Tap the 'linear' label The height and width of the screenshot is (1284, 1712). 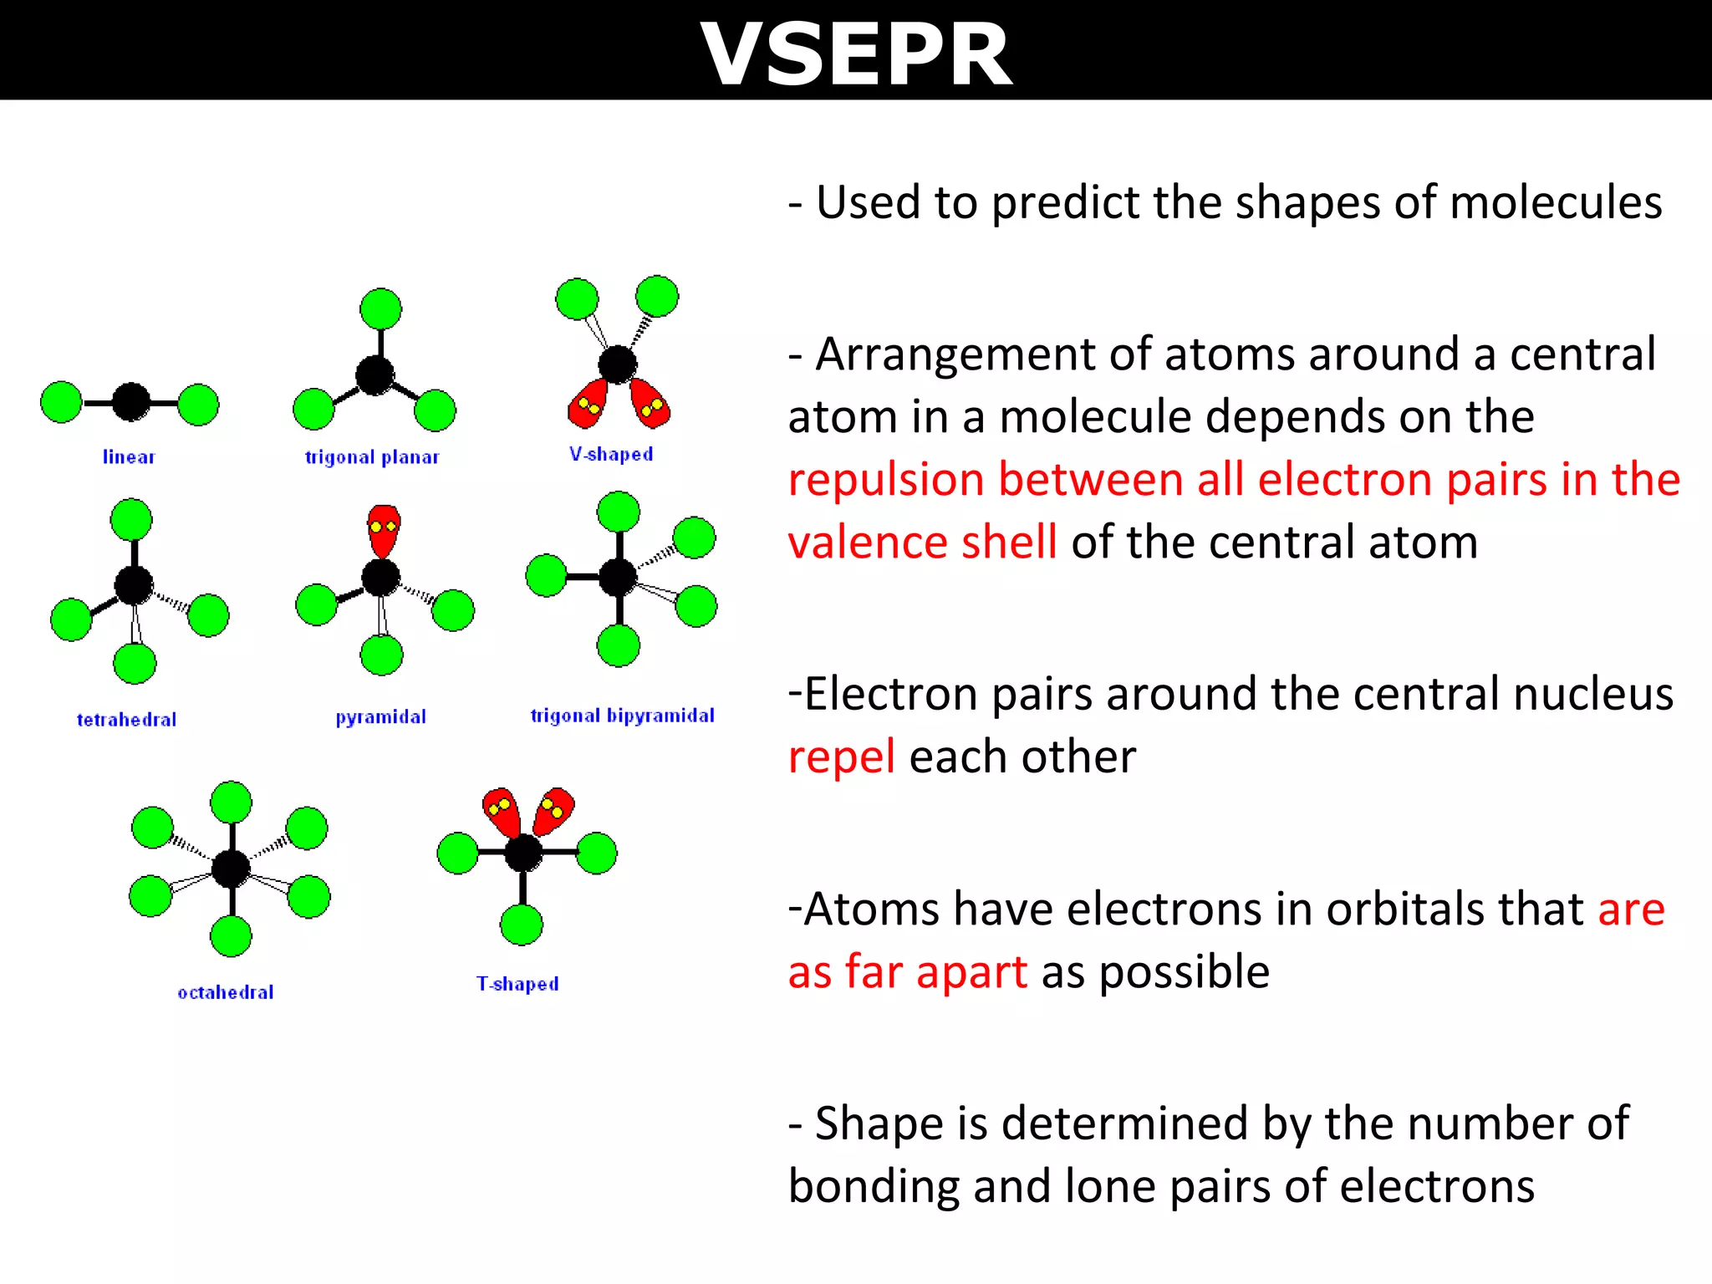point(129,456)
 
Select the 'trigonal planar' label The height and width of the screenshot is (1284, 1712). point(372,456)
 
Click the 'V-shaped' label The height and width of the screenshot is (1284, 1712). point(611,454)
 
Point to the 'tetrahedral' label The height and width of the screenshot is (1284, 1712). point(126,719)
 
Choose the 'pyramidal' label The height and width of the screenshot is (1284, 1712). point(380,716)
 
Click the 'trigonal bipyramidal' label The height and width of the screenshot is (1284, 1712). point(622,715)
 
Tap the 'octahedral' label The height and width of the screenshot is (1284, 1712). point(226,992)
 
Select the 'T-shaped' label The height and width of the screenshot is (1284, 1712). point(517,983)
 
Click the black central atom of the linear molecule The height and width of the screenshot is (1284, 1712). point(131,402)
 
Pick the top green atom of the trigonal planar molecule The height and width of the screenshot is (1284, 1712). point(380,309)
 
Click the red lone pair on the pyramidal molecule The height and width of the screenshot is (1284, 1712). point(384,530)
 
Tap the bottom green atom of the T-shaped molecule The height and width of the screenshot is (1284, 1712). point(522,925)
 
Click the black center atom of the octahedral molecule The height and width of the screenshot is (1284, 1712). point(231,869)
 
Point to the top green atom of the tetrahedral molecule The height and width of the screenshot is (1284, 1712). point(131,520)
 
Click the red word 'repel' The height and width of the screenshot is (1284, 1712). point(841,757)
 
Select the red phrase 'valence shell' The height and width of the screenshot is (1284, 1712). point(922,542)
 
